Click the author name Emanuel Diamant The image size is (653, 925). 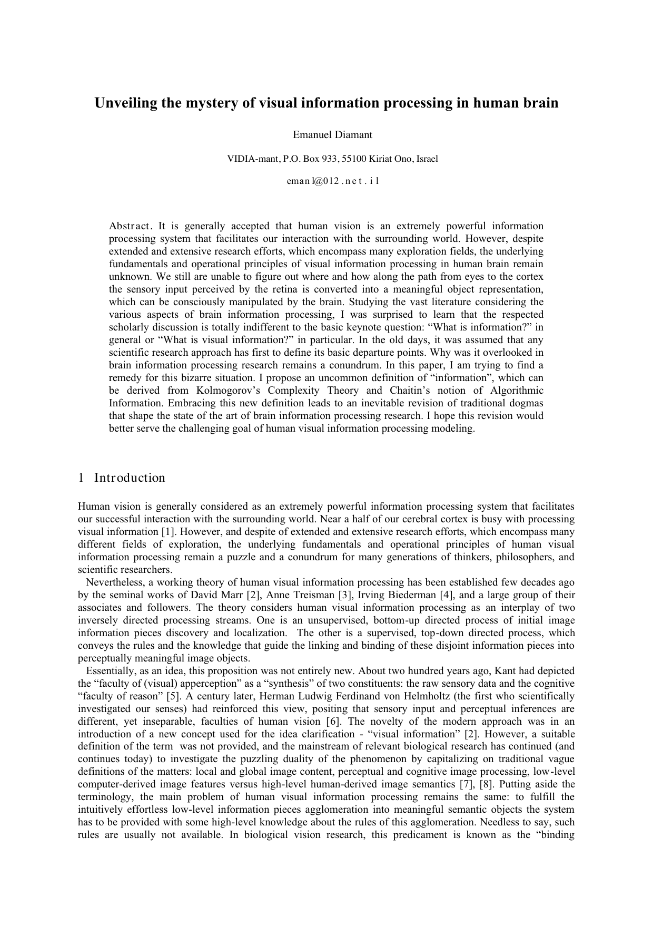[332, 135]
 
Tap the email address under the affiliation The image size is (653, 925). [332, 181]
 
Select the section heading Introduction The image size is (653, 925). [130, 478]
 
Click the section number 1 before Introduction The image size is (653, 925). [81, 478]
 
